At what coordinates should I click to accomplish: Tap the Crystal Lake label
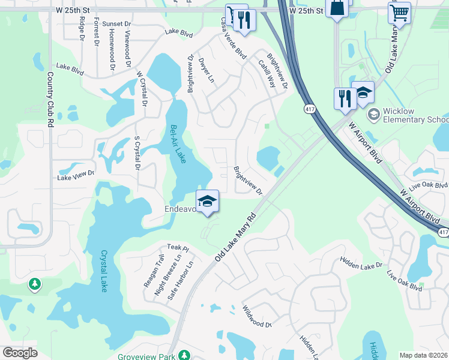[106, 271]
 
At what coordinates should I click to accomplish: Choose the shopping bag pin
[336, 8]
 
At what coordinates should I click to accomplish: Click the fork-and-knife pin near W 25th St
[244, 19]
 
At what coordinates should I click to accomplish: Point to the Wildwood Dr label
[258, 316]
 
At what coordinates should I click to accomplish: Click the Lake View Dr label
[76, 175]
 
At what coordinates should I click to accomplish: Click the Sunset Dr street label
[116, 24]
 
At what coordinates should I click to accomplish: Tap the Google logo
[20, 352]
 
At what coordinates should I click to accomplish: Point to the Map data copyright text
[423, 355]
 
